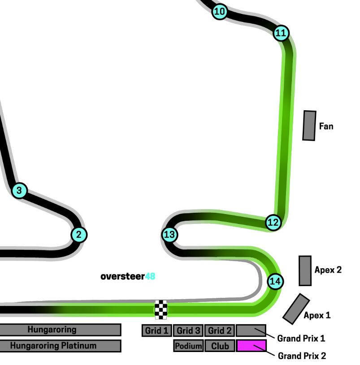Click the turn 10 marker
point(220,12)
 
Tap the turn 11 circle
point(281,33)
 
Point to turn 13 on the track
point(169,235)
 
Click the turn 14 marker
point(275,282)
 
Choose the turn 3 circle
point(19,190)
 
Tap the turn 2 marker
point(79,234)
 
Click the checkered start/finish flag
point(161,309)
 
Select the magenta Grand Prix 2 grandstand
point(252,346)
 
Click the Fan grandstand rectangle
point(309,125)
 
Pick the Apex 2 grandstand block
point(305,271)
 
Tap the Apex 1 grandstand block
point(296,309)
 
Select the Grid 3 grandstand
point(188,331)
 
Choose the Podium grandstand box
point(188,346)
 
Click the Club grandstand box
point(220,346)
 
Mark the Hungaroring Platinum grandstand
point(60,346)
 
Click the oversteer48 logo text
point(128,276)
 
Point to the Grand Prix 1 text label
point(301,338)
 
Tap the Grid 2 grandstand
point(220,331)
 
